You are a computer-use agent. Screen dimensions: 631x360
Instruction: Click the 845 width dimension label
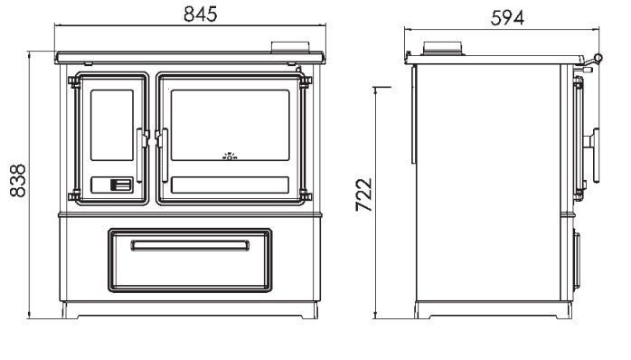[201, 14]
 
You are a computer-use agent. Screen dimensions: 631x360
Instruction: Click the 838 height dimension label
[18, 180]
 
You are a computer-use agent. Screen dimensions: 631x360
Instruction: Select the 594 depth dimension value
[507, 18]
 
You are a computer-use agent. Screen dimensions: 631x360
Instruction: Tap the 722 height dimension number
[364, 194]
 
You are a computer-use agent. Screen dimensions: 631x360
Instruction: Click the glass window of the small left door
[112, 125]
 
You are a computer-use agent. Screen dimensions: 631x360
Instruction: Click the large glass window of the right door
[230, 125]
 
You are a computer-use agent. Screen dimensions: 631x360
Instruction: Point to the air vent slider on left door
[121, 185]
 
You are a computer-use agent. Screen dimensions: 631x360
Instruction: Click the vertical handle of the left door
[140, 156]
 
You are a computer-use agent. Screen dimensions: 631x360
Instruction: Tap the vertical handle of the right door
[165, 156]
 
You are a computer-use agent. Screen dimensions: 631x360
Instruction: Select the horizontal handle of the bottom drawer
[190, 245]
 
